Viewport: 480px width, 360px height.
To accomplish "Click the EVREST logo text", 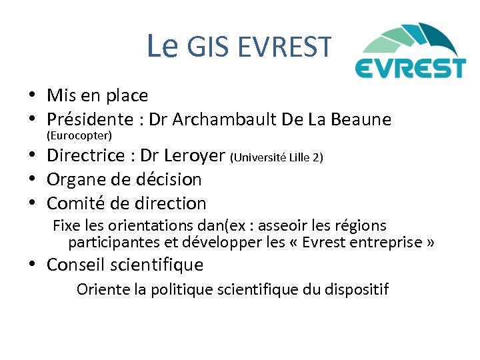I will (409, 68).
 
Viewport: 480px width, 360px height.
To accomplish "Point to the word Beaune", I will (361, 120).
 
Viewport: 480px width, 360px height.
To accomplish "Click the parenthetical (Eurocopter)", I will (79, 135).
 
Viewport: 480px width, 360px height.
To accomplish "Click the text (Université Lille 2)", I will (277, 157).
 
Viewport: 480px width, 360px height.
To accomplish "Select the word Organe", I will (77, 179).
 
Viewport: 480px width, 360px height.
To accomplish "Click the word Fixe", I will (65, 225).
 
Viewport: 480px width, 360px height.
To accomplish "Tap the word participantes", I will (113, 241).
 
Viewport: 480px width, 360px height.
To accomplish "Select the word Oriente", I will (100, 289).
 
